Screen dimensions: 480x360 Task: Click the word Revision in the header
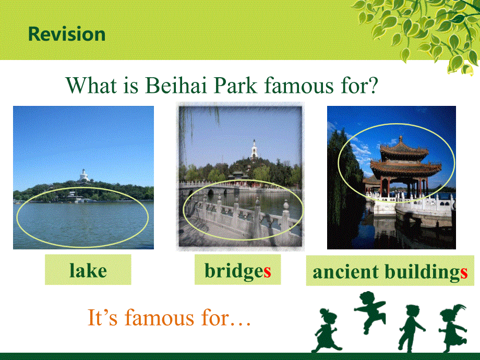pos(67,34)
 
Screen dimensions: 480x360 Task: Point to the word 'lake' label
pos(88,271)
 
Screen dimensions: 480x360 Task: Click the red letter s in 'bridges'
pos(267,271)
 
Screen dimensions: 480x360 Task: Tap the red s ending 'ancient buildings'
pos(464,272)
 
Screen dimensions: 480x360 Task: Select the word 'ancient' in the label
pos(346,272)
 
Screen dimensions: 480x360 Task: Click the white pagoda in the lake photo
pos(83,175)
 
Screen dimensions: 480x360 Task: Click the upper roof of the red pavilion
pos(403,149)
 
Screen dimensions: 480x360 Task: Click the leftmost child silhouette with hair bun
pos(326,331)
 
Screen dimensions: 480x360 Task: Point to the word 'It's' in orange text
pos(103,317)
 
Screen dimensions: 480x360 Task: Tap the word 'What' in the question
pos(91,85)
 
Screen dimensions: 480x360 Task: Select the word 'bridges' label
pos(238,271)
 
